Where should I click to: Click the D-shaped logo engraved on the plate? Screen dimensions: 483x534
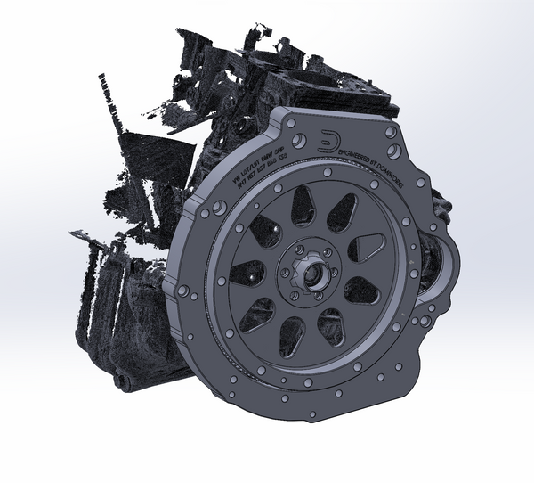click(x=328, y=141)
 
